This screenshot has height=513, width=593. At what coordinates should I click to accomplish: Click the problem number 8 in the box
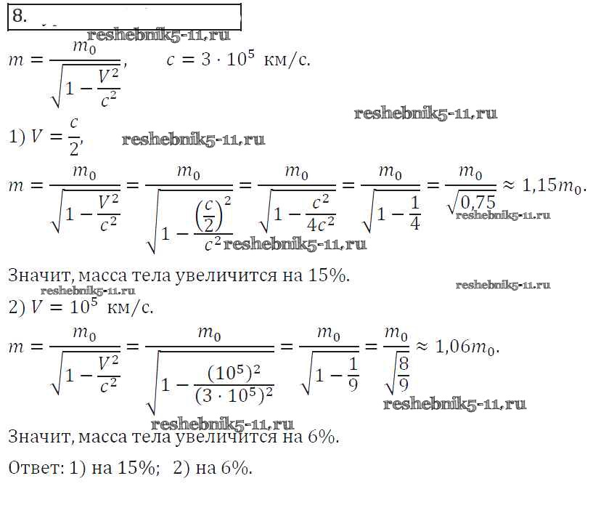coord(19,16)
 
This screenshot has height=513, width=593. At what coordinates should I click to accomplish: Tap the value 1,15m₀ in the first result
coord(553,185)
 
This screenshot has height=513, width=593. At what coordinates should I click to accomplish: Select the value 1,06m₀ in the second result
coord(467,347)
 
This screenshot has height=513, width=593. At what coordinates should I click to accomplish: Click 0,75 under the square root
coord(478,202)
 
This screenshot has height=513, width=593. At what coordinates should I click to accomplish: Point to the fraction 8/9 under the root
coord(404,374)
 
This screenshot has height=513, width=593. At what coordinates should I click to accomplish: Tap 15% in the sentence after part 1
coord(327,275)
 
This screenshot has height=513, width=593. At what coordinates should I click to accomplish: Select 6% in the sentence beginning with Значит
coord(322,437)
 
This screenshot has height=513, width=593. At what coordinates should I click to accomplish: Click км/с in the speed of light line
coord(286,60)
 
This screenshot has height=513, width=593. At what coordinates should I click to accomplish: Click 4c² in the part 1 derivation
coord(320,225)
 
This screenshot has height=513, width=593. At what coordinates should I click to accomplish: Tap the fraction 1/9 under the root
coord(353,374)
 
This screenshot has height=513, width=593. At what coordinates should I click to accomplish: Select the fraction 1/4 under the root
coord(415,214)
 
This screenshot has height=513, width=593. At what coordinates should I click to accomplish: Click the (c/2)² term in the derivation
coord(213,214)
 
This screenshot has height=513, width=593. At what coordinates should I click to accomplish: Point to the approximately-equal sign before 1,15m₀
coord(509,185)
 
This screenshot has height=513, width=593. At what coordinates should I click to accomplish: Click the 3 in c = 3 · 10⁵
coord(205,60)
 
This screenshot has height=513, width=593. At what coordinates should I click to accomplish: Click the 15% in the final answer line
coord(136,468)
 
